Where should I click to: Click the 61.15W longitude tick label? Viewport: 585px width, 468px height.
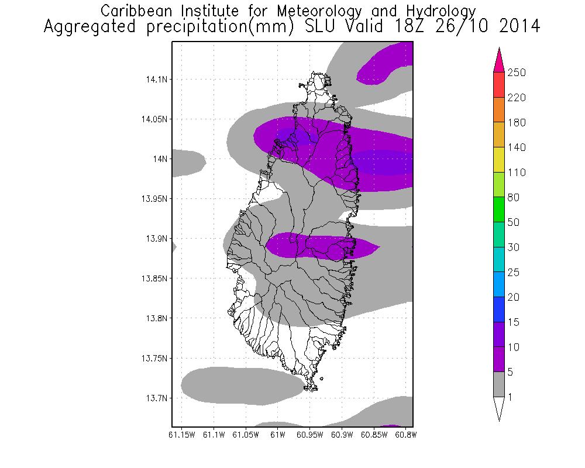pyautogui.click(x=181, y=435)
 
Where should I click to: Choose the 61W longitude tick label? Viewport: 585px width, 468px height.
pyautogui.click(x=277, y=435)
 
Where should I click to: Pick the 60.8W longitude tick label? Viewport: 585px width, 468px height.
pyautogui.click(x=405, y=435)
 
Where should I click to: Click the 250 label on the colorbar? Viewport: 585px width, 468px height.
pyautogui.click(x=517, y=73)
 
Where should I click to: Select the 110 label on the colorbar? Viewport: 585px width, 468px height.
pyautogui.click(x=517, y=173)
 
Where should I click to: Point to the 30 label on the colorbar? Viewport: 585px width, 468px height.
pyautogui.click(x=515, y=247)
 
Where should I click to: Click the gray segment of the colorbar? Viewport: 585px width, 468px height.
pyautogui.click(x=498, y=384)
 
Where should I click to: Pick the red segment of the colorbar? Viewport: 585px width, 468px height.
pyautogui.click(x=498, y=85)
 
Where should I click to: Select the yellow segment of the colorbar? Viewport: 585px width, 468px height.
pyautogui.click(x=498, y=160)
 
